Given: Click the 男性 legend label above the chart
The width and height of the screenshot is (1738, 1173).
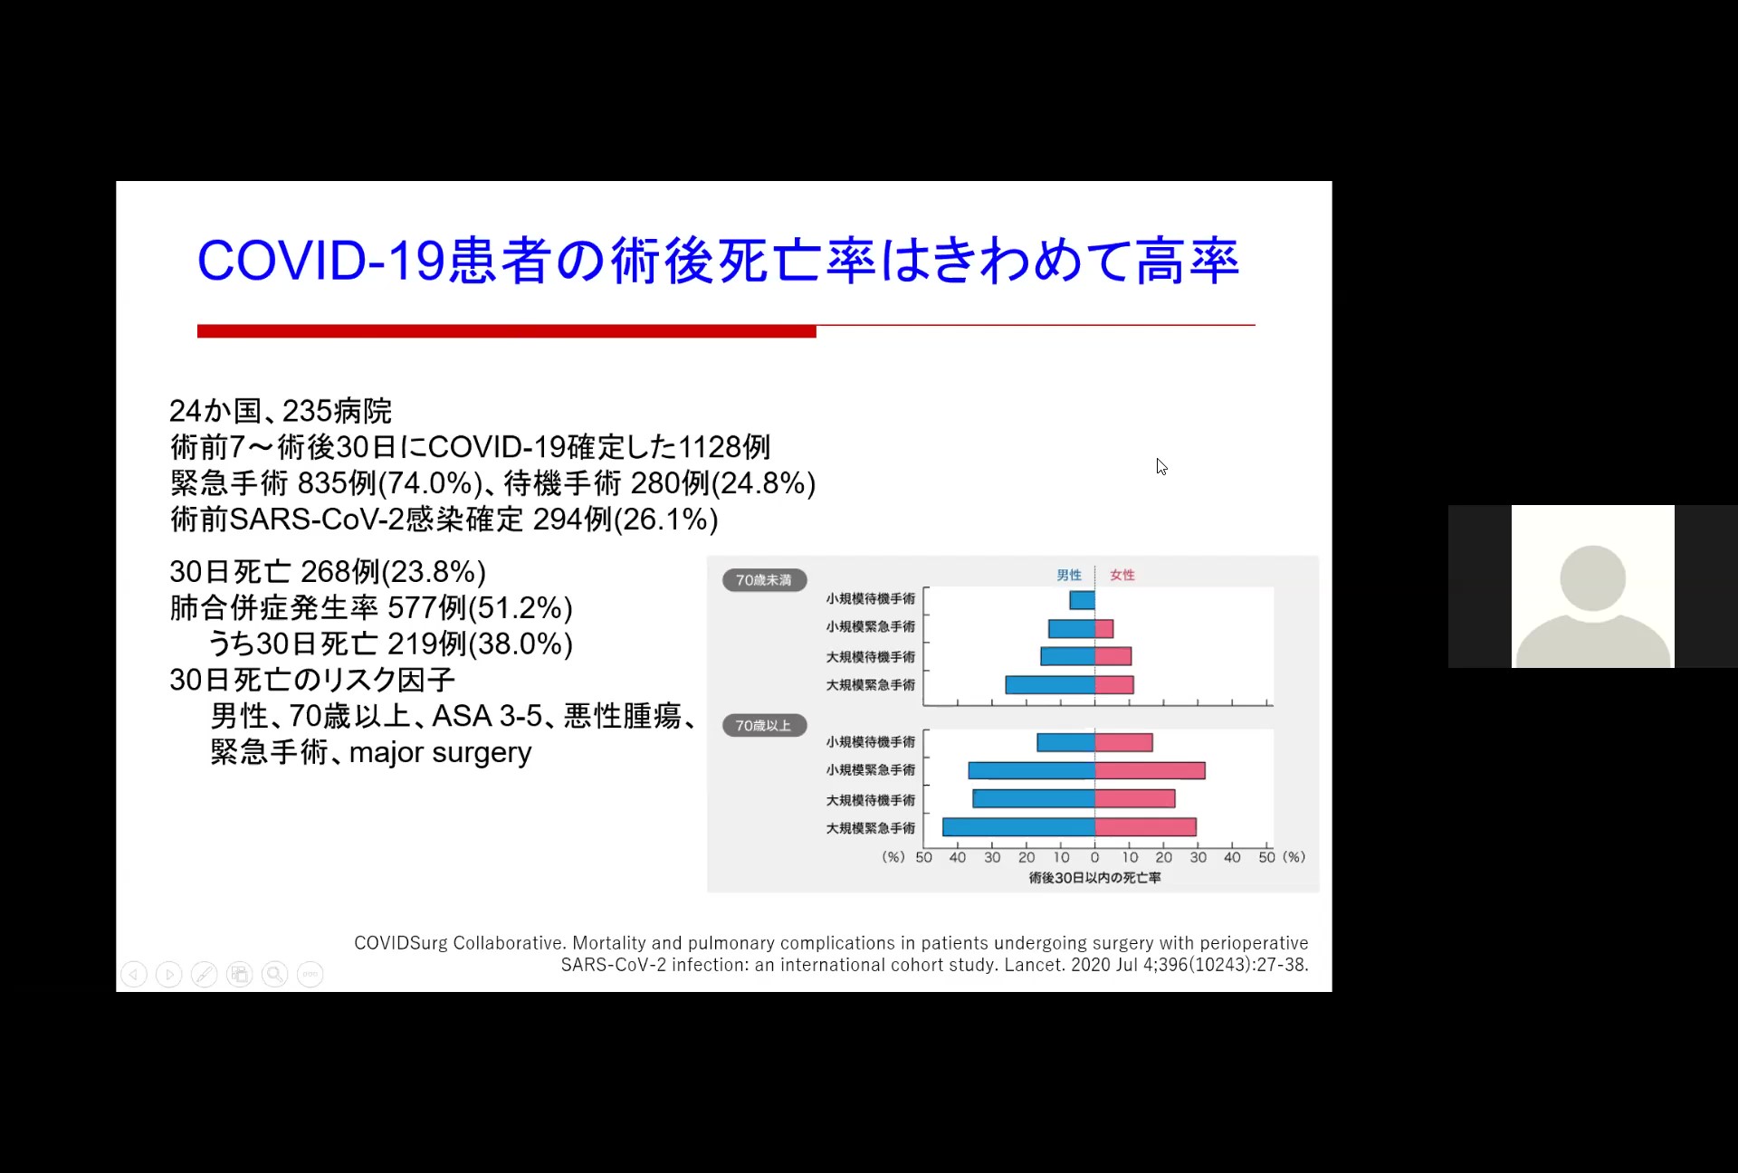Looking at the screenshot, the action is pos(1069,575).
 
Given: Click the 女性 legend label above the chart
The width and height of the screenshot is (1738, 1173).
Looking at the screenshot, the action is pos(1122,575).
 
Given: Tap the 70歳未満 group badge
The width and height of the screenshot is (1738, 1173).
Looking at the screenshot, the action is pos(764,580).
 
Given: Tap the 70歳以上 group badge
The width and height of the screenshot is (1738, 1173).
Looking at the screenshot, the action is pos(764,726).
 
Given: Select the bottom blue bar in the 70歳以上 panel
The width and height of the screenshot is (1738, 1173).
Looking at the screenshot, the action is pos(1019,827).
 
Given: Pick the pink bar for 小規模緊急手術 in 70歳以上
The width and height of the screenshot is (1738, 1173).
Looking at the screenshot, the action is pos(1150,770).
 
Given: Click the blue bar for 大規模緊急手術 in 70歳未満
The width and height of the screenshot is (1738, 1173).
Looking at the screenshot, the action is pos(1050,685).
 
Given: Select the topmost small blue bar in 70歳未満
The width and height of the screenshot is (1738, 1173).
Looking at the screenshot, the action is pos(1083,600).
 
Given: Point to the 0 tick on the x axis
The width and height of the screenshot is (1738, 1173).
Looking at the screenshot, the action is pos(1095,857).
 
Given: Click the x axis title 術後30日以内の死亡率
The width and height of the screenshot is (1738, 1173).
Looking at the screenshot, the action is pos(1094,878).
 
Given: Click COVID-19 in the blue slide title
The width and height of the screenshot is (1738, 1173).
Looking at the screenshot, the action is pos(321,261).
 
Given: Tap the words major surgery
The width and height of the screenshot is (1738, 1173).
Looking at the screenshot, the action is pos(441,753).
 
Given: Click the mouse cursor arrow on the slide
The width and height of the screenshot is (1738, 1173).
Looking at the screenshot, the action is pos(1161,467).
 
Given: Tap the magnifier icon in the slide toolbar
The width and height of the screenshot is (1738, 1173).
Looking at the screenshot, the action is pos(275,974).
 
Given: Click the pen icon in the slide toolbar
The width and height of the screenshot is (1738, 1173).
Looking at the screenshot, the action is pos(205,974).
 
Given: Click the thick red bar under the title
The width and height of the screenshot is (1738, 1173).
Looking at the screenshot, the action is pos(507,331).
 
